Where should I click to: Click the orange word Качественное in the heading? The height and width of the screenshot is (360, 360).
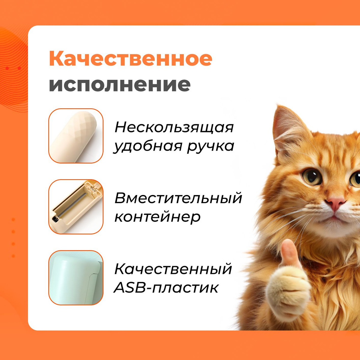(130, 58)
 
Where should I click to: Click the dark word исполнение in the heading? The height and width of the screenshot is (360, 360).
(120, 85)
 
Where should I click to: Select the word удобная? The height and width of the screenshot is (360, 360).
(148, 146)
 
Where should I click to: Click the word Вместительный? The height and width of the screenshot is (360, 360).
(178, 198)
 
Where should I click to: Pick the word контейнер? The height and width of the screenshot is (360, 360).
(157, 217)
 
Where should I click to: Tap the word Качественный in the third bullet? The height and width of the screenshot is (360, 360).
(173, 269)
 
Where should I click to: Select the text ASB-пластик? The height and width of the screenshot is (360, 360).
(166, 288)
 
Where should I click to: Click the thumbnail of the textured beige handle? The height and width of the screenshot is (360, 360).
(76, 136)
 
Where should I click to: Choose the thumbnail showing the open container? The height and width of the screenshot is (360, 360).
(76, 207)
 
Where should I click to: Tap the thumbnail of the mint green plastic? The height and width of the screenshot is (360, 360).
(76, 278)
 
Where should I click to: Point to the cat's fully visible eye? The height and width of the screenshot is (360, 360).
(312, 177)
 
